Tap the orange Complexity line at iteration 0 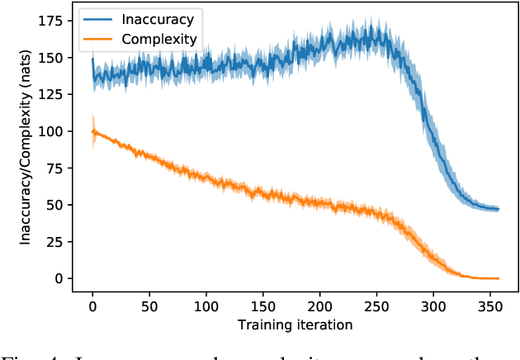[x=93, y=130]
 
